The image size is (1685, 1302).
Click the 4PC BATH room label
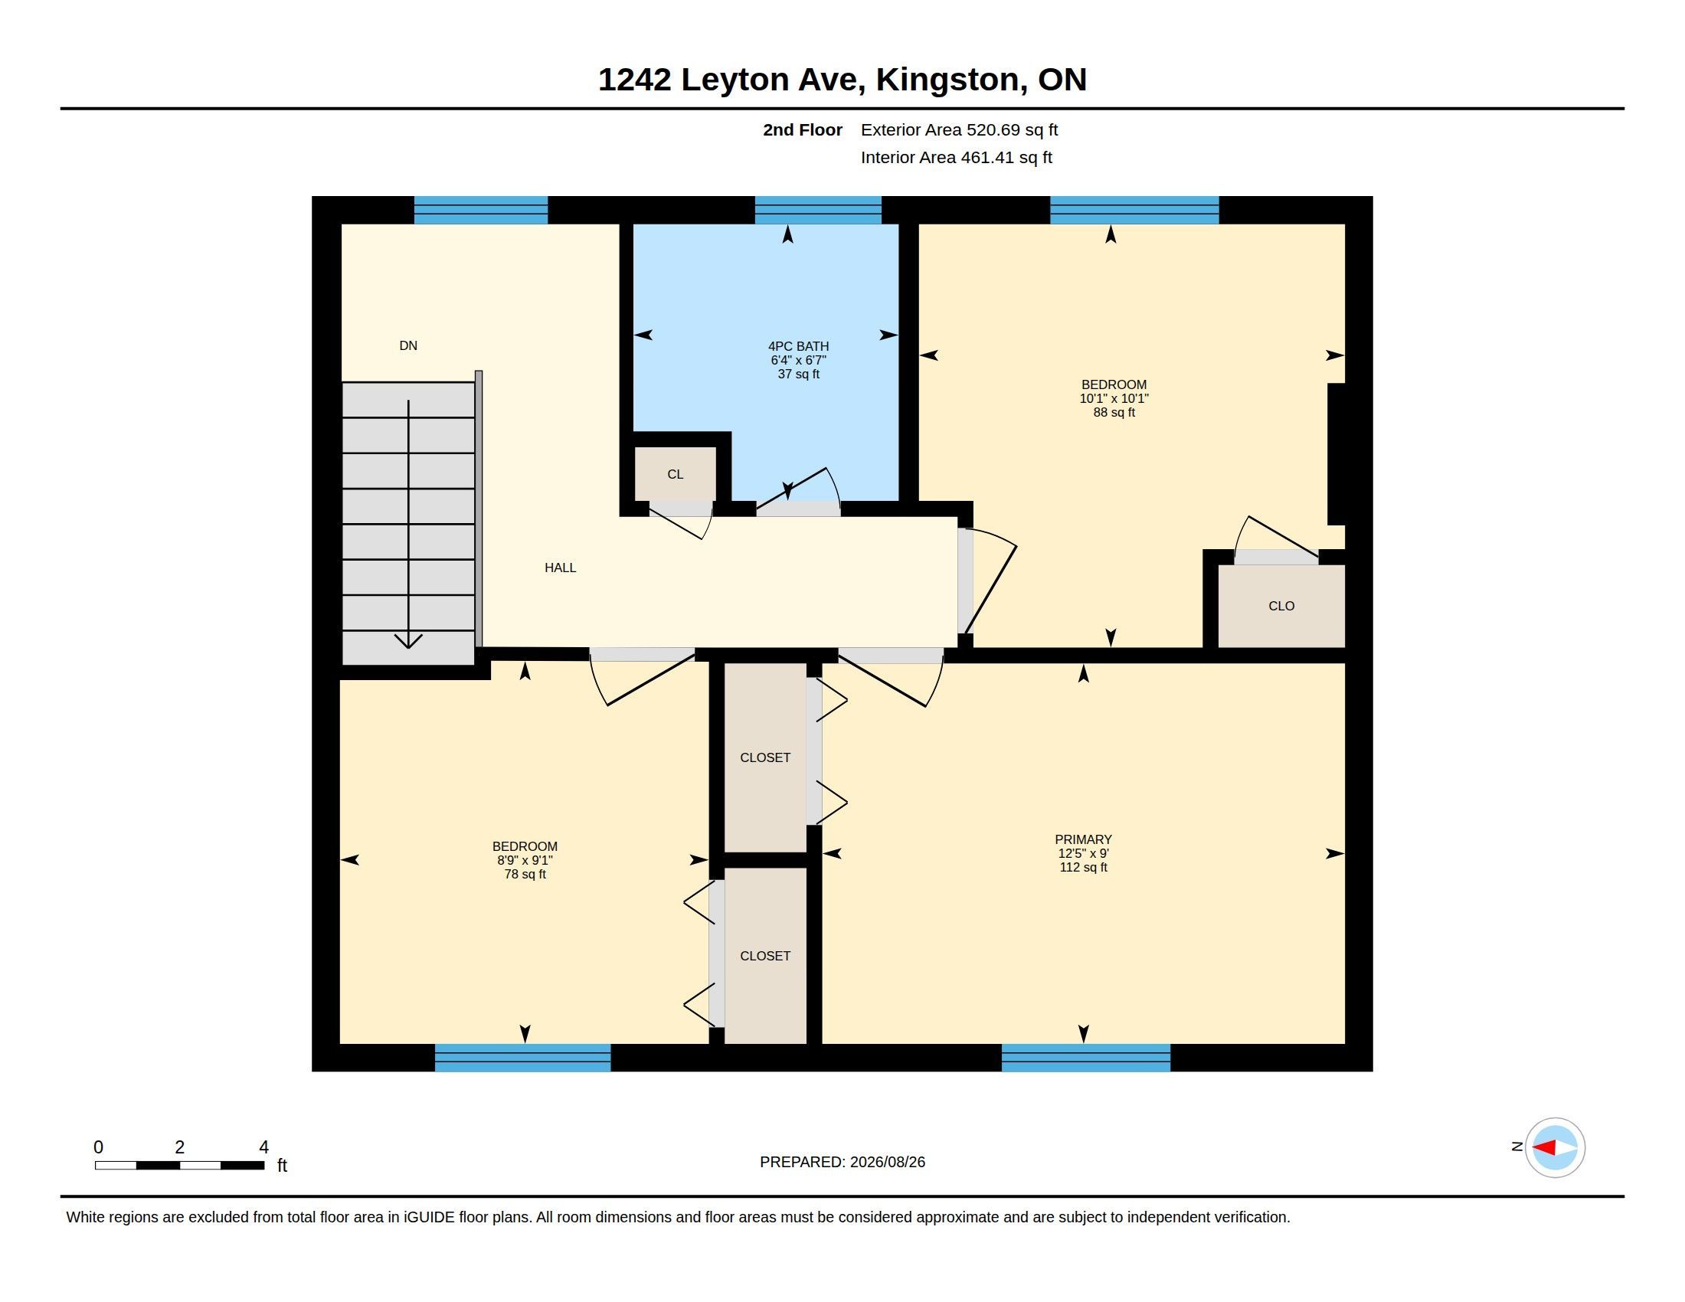coord(799,346)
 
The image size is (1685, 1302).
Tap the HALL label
coord(560,568)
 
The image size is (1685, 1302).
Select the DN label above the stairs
coord(408,345)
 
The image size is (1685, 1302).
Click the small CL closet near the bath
coord(675,474)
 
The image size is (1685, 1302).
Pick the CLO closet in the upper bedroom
coord(1281,607)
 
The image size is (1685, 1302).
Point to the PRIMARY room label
coord(1083,839)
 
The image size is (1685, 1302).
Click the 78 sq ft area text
coord(525,874)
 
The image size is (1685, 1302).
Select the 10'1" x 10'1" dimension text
coord(1114,398)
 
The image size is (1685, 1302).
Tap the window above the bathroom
coord(818,210)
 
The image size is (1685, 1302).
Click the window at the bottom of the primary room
coord(1085,1058)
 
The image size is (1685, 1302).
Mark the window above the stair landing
coord(481,210)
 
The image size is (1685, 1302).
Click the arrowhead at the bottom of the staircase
coord(408,642)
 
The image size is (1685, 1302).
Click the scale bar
coord(180,1165)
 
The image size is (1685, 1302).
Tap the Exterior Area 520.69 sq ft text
coord(959,129)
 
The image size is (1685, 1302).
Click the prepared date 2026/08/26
coord(887,1162)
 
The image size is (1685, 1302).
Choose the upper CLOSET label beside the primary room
coord(765,757)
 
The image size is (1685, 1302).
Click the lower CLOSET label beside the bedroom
coord(765,956)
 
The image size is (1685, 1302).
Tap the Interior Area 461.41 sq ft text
coord(957,157)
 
